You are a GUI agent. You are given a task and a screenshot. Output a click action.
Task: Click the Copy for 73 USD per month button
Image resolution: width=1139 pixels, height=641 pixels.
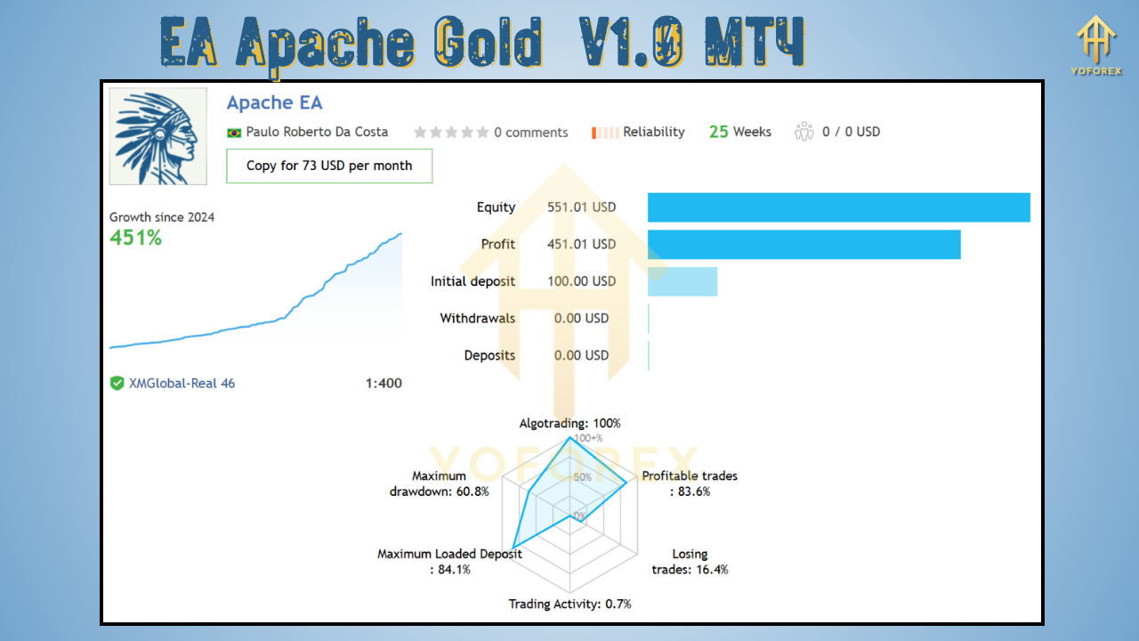pos(329,166)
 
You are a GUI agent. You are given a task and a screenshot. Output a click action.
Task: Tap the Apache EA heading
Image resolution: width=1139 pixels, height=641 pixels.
pos(274,102)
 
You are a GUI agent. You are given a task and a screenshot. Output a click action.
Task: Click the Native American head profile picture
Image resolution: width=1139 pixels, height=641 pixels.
pos(158,136)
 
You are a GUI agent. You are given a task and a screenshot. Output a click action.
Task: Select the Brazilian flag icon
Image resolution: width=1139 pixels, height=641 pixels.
pos(234,133)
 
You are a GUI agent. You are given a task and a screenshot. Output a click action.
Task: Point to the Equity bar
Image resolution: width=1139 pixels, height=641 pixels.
pos(838,207)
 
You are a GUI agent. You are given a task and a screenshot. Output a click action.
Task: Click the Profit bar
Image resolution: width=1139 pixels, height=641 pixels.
pos(804,245)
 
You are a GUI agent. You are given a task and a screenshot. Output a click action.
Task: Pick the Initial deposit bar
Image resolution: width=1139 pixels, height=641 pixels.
pos(682,281)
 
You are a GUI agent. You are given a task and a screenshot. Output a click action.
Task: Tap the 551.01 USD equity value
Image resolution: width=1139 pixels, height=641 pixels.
pos(581,207)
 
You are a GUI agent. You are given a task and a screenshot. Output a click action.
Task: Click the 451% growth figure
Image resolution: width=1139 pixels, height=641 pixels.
pos(135,238)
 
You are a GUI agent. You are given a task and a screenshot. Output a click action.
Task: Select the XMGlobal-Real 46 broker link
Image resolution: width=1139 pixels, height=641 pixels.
pos(182,384)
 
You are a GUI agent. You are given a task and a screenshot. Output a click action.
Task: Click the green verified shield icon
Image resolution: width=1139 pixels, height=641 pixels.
pos(117,384)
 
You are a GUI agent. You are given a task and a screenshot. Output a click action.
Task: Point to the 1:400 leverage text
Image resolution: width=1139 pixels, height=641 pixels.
pos(383,384)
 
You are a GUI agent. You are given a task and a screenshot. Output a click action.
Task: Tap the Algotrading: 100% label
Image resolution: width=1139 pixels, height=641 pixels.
pos(569,424)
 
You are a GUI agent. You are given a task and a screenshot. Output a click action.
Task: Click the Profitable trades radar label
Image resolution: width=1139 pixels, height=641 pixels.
pos(690,483)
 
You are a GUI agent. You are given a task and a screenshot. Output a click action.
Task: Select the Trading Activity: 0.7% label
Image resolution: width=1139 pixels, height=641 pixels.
pos(569,604)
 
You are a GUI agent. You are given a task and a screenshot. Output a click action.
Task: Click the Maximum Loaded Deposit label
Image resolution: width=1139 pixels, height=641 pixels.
pos(449,561)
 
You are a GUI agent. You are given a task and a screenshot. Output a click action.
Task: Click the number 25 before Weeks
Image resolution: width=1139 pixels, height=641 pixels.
pos(718,132)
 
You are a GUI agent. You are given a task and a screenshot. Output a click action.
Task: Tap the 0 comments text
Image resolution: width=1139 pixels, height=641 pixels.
pos(530,133)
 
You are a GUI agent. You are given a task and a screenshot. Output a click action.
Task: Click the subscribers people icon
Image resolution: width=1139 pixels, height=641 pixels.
pos(804,132)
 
